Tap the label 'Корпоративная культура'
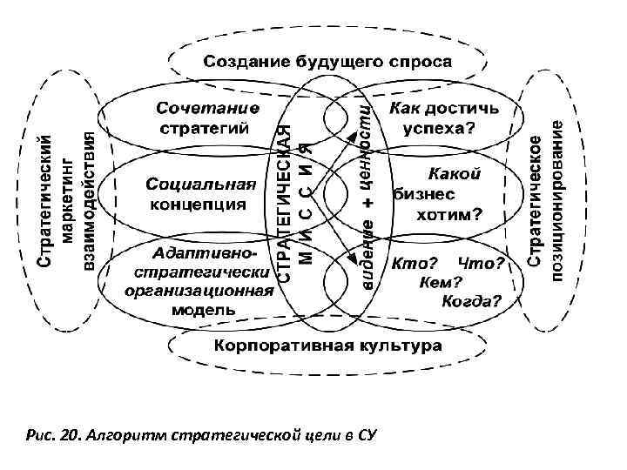click(327, 346)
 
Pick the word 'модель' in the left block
click(203, 309)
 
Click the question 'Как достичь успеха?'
click(443, 117)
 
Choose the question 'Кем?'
click(440, 282)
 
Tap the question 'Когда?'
click(471, 302)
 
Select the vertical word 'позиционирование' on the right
click(556, 200)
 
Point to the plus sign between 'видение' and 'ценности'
click(367, 201)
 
